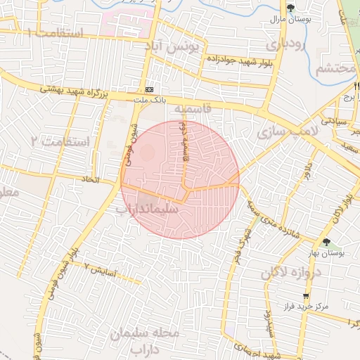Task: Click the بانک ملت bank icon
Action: tap(149, 90)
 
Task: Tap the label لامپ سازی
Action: tap(288, 131)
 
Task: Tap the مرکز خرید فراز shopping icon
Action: tap(305, 296)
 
